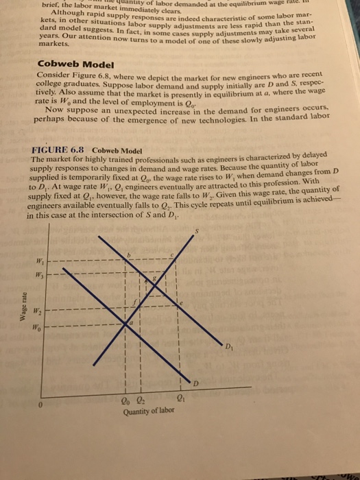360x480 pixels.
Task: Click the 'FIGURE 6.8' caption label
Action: pyautogui.click(x=58, y=149)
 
